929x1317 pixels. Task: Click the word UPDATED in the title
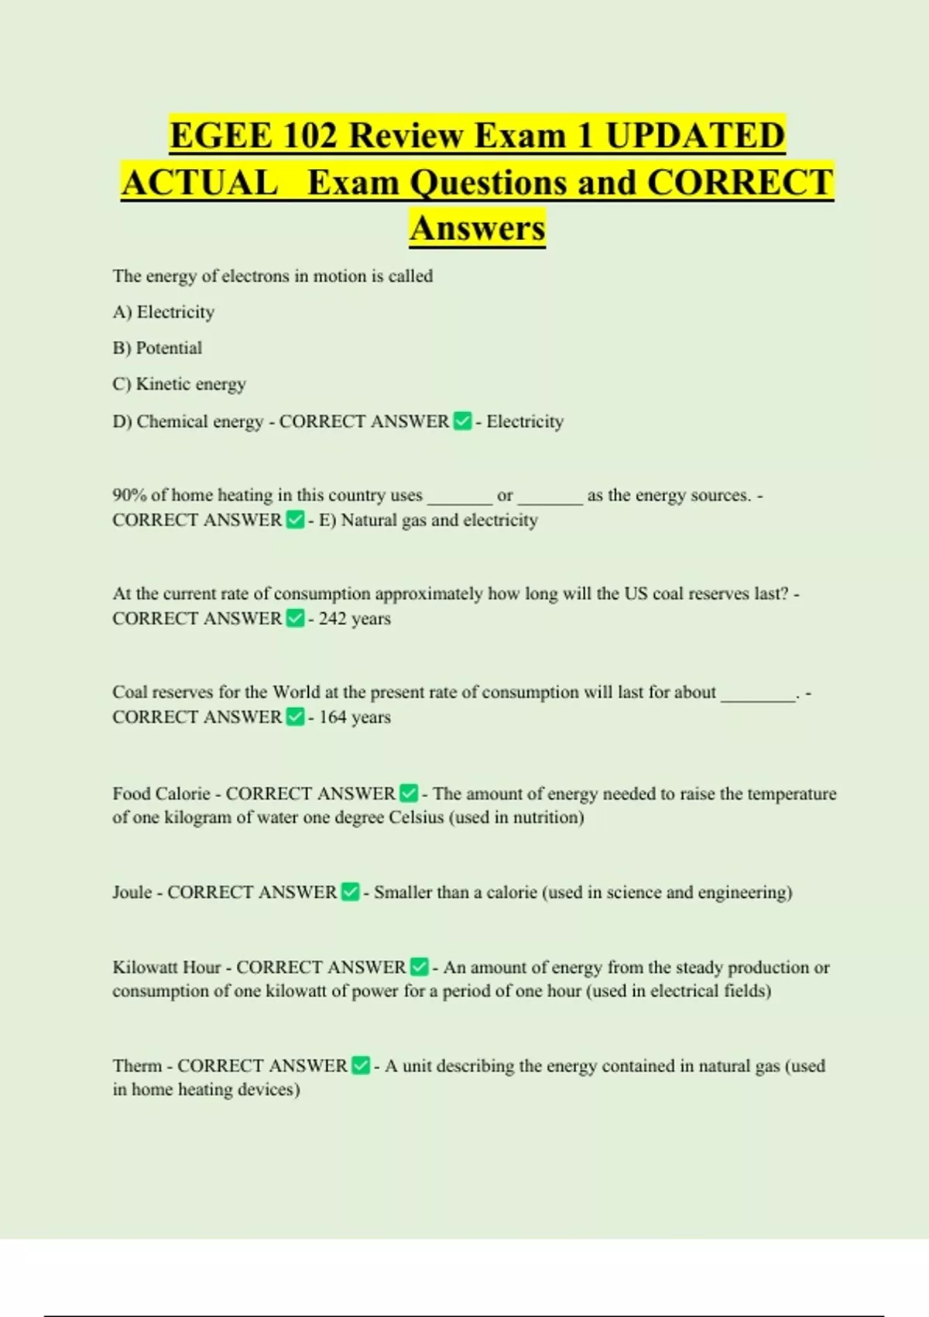[x=694, y=136]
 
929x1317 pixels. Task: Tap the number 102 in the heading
[x=310, y=136]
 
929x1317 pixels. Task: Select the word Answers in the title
[x=478, y=228]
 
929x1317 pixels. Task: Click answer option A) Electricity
[x=163, y=312]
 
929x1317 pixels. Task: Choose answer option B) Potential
[x=157, y=348]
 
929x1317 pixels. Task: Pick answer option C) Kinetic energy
[x=179, y=384]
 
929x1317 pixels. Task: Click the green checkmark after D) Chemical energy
[x=462, y=421]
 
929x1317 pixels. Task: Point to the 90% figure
[x=129, y=495]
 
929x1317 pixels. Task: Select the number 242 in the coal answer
[x=332, y=619]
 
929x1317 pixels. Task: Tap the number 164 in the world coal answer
[x=332, y=717]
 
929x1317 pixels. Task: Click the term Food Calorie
[x=161, y=794]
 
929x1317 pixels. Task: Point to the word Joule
[x=132, y=892]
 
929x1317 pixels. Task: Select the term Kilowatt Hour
[x=166, y=968]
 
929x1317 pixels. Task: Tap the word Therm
[x=137, y=1066]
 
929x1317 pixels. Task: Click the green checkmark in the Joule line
[x=350, y=892]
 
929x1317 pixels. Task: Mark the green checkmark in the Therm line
[x=361, y=1065]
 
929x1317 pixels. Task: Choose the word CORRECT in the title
[x=740, y=183]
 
